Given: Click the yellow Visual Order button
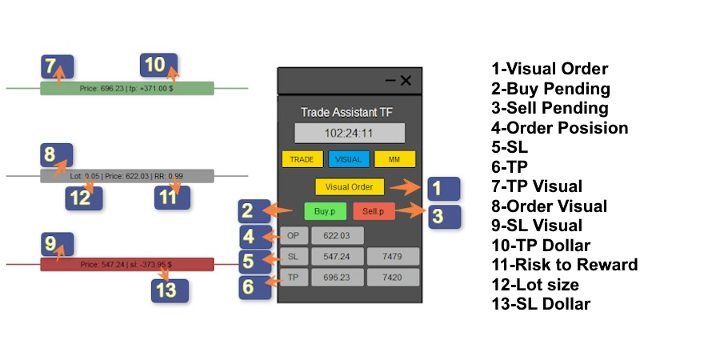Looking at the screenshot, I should click(x=350, y=186).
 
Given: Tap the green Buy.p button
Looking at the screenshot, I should click(x=325, y=211).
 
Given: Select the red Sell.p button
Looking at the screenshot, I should click(x=374, y=211).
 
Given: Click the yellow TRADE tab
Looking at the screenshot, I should click(x=302, y=158).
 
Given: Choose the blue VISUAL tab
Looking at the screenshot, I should click(x=349, y=158).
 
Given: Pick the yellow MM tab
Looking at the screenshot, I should click(x=394, y=158).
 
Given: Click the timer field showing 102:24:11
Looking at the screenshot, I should click(x=350, y=133).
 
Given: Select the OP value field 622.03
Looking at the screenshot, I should click(x=337, y=235).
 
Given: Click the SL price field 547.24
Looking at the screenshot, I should click(x=337, y=256).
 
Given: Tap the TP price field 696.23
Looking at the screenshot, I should click(x=337, y=277).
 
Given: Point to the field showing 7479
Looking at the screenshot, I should click(x=394, y=256).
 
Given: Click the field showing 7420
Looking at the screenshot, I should click(x=394, y=277).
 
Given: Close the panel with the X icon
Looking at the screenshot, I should click(x=406, y=80).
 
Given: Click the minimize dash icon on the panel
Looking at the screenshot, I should click(x=390, y=80).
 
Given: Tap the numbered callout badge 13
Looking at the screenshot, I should click(x=170, y=290).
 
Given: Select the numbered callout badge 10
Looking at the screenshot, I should click(x=158, y=65).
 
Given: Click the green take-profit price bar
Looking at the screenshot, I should click(x=127, y=88).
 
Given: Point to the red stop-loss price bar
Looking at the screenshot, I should click(x=127, y=264).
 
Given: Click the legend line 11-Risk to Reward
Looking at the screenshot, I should click(x=565, y=265).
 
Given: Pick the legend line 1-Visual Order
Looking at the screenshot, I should click(x=550, y=69).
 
